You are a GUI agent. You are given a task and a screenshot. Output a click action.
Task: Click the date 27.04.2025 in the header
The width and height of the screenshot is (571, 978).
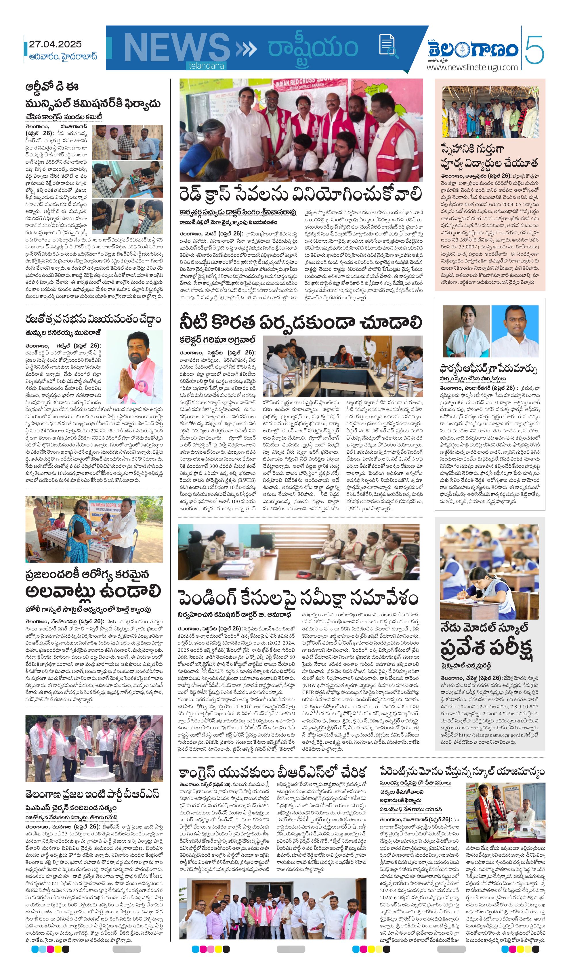(x=55, y=44)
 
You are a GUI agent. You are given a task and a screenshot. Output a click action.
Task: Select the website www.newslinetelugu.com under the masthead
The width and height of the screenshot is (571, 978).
(x=472, y=67)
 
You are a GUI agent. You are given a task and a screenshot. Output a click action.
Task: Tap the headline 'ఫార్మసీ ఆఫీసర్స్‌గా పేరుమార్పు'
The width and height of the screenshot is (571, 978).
(x=489, y=368)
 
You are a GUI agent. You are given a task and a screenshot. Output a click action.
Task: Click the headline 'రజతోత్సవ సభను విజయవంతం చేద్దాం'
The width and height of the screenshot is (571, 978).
(x=93, y=319)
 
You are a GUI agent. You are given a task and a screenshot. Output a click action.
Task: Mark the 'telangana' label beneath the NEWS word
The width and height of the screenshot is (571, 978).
(x=206, y=66)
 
